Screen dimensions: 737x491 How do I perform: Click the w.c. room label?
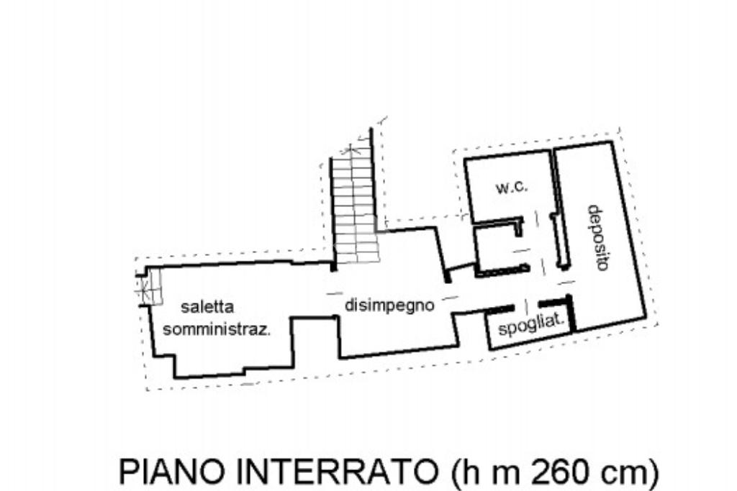tap(512, 188)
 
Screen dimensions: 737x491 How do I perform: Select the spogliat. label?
tap(531, 325)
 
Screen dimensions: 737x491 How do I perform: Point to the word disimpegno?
tap(389, 306)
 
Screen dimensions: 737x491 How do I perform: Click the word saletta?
tap(207, 307)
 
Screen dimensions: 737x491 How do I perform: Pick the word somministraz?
tap(217, 329)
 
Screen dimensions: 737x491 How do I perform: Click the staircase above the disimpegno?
tap(355, 209)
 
